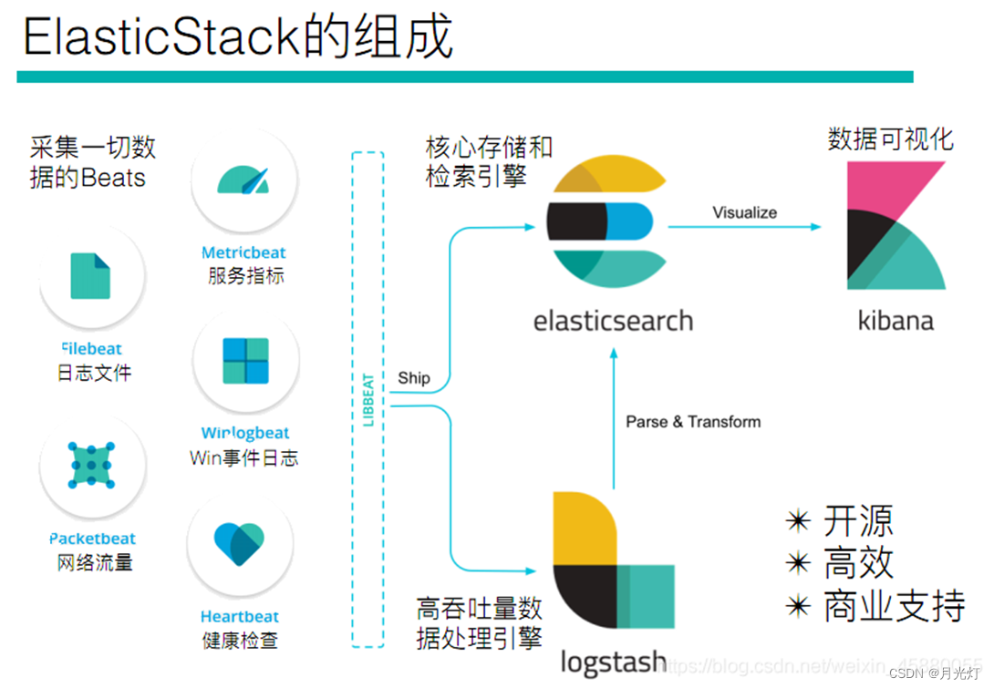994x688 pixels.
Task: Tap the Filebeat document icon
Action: (90, 276)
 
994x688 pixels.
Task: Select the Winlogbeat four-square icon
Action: (245, 361)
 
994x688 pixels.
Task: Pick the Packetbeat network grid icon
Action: (92, 465)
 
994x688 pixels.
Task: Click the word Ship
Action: (413, 378)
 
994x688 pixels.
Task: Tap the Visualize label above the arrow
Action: (744, 212)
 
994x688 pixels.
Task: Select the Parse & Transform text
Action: (693, 421)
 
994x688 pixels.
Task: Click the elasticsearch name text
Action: (613, 321)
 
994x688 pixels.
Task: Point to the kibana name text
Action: (896, 321)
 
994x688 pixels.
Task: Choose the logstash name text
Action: (613, 662)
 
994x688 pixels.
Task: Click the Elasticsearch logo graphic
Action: (606, 220)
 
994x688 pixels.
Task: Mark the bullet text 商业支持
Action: (894, 606)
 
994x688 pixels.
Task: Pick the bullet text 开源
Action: (858, 520)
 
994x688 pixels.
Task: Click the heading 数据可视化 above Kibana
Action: (890, 139)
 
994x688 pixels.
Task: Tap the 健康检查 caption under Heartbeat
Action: (240, 640)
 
